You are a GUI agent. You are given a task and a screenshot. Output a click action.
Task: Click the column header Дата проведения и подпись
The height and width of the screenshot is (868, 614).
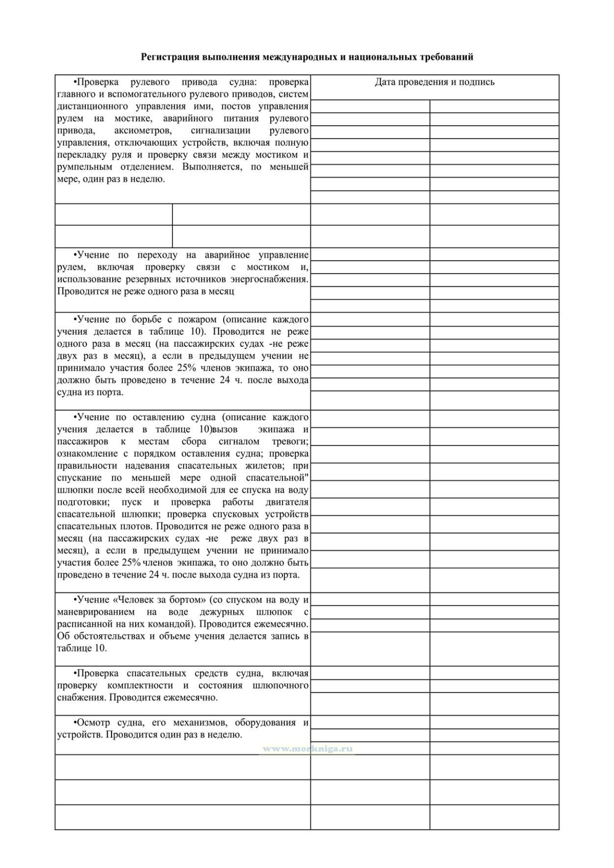click(x=435, y=82)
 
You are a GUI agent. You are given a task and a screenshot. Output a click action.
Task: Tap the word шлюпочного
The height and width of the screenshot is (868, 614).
click(x=280, y=685)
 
